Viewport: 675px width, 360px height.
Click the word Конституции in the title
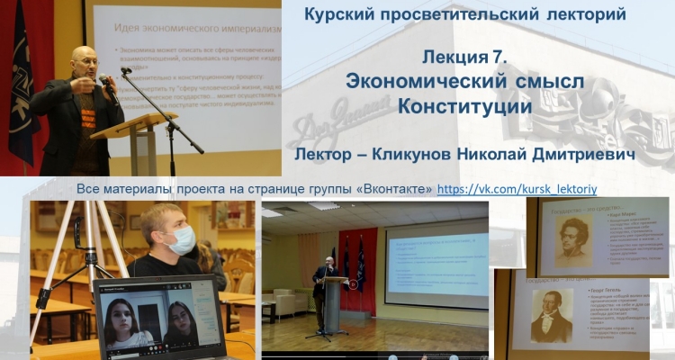tap(465, 105)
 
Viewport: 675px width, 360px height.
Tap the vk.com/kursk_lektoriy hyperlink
tap(517, 190)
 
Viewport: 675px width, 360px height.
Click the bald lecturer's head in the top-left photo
tap(84, 62)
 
